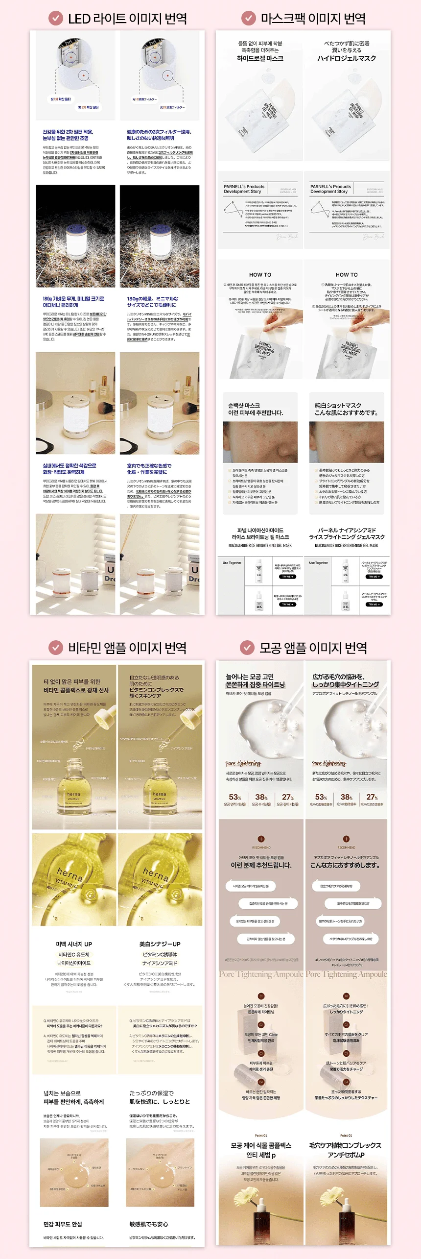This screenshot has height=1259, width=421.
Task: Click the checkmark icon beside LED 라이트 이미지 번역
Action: coord(56,19)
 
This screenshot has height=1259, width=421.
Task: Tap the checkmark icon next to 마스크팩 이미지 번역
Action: coord(249,19)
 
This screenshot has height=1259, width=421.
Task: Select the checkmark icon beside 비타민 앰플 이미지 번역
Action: coord(56,648)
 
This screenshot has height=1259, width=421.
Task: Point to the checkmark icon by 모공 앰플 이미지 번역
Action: coord(247,648)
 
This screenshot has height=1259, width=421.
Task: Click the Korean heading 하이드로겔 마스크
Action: coord(260,58)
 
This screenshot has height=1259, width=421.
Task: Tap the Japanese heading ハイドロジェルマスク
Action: coord(347,58)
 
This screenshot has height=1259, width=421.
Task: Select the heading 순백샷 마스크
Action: coord(244,406)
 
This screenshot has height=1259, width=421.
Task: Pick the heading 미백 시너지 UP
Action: coord(74,944)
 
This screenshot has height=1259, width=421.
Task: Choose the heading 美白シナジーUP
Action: coord(160,944)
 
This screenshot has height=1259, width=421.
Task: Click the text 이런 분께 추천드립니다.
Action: coord(261,865)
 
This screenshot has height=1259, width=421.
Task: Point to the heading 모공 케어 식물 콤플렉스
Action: coord(261,1145)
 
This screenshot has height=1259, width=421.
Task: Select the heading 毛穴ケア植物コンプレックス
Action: coord(346,1145)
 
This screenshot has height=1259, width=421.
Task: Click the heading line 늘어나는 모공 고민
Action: coord(250,677)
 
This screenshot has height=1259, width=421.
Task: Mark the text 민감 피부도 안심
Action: coord(63,1224)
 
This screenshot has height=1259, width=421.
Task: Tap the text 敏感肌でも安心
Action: coord(148,1224)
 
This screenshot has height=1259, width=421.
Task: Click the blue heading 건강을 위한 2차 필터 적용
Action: coord(68,132)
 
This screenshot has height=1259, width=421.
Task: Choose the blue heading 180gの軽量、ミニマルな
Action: coord(153,298)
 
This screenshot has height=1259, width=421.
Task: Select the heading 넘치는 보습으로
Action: coord(62,1093)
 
